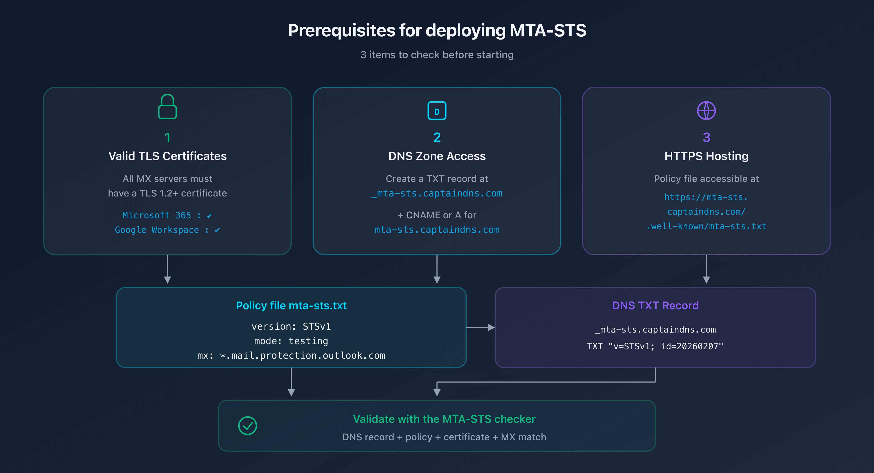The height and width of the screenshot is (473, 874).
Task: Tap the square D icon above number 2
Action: coord(437,111)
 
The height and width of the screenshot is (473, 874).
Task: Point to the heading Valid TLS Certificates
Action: coord(167,156)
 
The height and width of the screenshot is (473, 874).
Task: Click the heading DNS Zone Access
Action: coord(437,156)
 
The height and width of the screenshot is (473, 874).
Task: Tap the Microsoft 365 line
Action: coord(167,215)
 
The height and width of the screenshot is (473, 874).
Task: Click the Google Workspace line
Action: coord(167,230)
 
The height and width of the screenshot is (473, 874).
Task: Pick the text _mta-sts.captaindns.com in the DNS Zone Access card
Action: coord(437,193)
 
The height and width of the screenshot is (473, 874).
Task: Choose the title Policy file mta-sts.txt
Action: coord(291,305)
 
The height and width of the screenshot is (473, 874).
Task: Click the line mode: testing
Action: coord(291,341)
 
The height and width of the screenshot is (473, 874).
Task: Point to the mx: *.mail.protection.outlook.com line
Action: coord(291,355)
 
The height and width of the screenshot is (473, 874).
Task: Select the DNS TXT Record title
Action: coord(655,305)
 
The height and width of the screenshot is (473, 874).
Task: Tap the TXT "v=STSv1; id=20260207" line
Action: coord(655,346)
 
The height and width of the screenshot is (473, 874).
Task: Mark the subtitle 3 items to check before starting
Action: coord(437,55)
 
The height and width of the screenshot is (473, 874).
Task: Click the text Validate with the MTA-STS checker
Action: coord(444,419)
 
